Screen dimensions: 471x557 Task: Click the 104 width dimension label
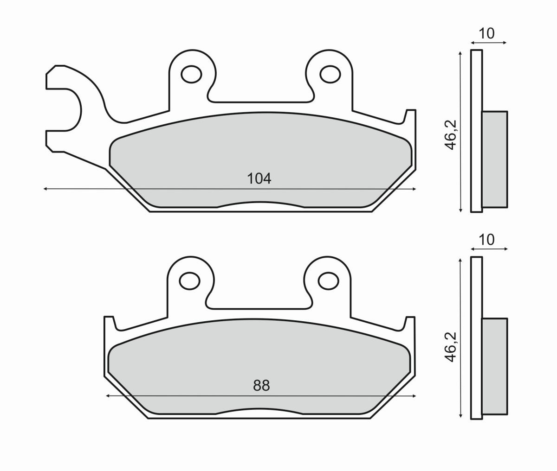click(259, 178)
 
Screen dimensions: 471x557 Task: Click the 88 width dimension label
click(261, 385)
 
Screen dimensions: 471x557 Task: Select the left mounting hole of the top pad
click(191, 73)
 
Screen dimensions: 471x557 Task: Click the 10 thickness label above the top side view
click(487, 33)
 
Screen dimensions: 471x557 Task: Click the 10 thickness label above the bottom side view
click(487, 240)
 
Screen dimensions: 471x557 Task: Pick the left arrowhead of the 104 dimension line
click(45, 189)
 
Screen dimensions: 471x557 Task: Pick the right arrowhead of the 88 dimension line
click(415, 396)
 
